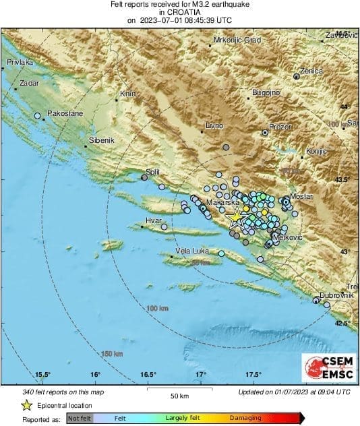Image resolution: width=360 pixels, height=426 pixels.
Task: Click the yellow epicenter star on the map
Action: (235, 218)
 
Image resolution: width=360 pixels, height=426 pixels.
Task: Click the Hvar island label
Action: (154, 220)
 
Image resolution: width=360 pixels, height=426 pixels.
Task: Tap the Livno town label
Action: (214, 126)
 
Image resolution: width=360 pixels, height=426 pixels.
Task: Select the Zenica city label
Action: (311, 70)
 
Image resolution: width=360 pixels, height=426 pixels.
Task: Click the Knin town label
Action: (128, 94)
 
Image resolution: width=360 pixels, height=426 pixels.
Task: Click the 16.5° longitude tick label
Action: (148, 374)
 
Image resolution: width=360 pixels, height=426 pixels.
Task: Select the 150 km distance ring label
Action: (112, 354)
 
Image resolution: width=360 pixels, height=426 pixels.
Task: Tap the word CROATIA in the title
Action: (179, 12)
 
